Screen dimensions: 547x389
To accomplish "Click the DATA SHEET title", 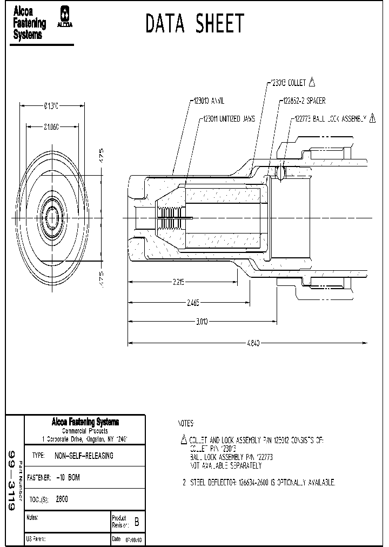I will tap(195, 24).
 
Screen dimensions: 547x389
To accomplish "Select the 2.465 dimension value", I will tap(193, 303).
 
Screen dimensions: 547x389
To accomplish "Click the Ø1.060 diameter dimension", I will tap(51, 126).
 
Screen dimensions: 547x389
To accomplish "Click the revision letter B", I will tap(136, 523).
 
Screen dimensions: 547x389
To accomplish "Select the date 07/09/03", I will tap(133, 539).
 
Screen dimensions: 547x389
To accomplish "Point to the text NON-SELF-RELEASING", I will tap(84, 456).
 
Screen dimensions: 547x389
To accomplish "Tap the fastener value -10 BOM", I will tap(68, 478).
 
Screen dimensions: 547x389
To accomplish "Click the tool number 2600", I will tap(63, 500).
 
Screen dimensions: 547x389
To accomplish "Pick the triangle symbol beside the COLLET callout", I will tap(312, 83).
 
